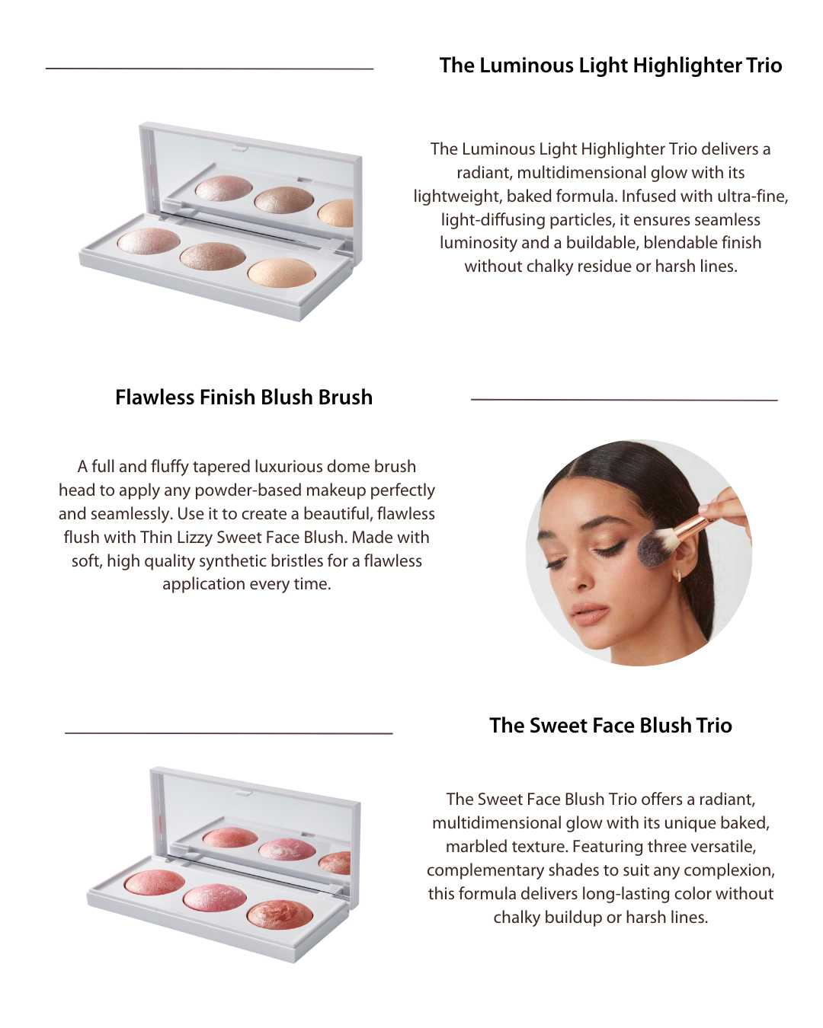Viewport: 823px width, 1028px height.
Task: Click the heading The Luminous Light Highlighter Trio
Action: tap(610, 66)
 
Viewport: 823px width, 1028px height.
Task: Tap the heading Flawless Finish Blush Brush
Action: tap(244, 397)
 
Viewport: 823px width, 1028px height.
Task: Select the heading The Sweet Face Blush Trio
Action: tap(610, 725)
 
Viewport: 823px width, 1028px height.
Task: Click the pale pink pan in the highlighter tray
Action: tap(149, 241)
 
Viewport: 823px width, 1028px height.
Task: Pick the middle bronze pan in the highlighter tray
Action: tap(213, 257)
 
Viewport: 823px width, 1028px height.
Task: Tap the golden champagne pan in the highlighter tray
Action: tap(282, 273)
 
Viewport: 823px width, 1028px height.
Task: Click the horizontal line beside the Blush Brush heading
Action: tap(624, 399)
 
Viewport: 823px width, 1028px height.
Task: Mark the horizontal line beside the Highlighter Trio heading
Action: tap(210, 69)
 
